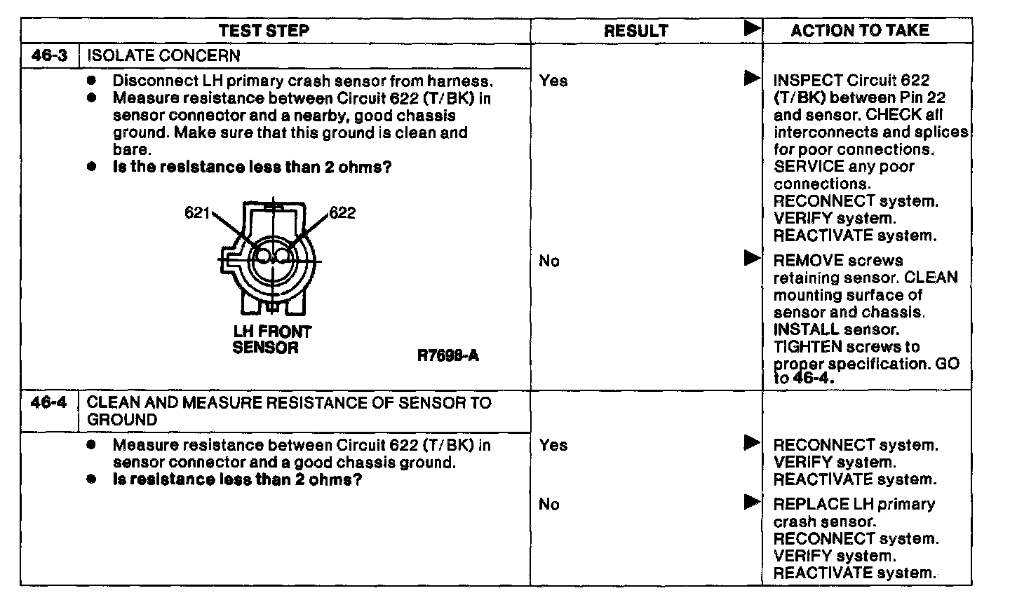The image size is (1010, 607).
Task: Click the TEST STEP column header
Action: pyautogui.click(x=264, y=31)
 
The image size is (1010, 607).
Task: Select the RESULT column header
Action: pyautogui.click(x=635, y=31)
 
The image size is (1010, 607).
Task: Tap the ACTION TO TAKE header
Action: pyautogui.click(x=859, y=30)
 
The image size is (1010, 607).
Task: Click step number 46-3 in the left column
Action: pyautogui.click(x=50, y=55)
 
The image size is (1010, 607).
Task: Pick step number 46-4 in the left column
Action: pyautogui.click(x=50, y=403)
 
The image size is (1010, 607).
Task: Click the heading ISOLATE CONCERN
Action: pyautogui.click(x=163, y=55)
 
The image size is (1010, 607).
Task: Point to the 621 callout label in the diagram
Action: pyautogui.click(x=197, y=212)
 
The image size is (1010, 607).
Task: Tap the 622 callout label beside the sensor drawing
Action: pyautogui.click(x=342, y=213)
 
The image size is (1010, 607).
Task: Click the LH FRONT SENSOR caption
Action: pyautogui.click(x=271, y=339)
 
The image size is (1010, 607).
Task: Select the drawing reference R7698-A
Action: pyautogui.click(x=448, y=355)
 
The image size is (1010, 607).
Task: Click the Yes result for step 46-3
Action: pyautogui.click(x=553, y=81)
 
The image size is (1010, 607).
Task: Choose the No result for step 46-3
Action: pyautogui.click(x=549, y=261)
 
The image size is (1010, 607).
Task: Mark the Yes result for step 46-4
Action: pyautogui.click(x=553, y=445)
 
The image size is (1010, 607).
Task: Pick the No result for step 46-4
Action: pyautogui.click(x=549, y=505)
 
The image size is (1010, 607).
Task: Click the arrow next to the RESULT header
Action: pyautogui.click(x=752, y=29)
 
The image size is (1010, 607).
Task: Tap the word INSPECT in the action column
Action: pyautogui.click(x=807, y=81)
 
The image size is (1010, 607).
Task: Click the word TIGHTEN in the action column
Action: pyautogui.click(x=808, y=347)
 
